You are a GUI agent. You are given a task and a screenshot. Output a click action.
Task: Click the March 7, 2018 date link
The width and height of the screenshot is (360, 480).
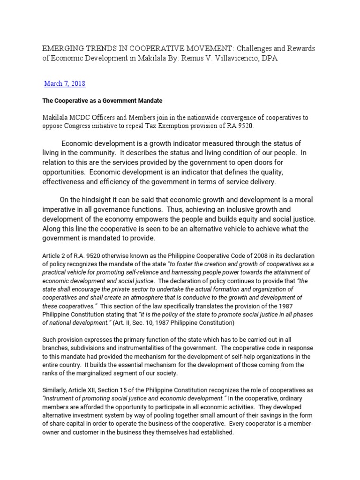(x=65, y=83)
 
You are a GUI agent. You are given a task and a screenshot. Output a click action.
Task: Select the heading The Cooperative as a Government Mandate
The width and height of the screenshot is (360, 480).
(x=102, y=101)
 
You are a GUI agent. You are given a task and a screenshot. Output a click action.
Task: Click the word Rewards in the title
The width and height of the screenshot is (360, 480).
(x=299, y=49)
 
